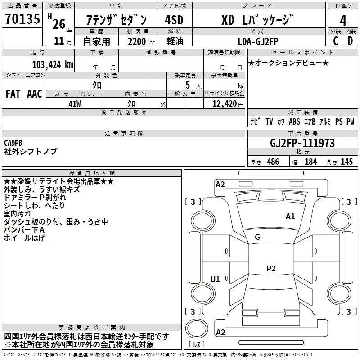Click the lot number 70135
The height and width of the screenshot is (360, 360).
tap(22, 19)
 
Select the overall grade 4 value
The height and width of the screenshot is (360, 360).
tap(343, 21)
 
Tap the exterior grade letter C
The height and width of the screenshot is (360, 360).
tap(336, 41)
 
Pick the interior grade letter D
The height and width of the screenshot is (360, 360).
tap(350, 41)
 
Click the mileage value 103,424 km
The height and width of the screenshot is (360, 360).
tap(53, 65)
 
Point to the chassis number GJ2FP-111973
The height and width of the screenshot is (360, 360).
tap(302, 143)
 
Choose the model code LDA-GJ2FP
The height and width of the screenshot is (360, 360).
tap(258, 41)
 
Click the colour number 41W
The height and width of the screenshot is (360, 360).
tap(75, 104)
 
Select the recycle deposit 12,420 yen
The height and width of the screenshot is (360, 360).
tap(228, 104)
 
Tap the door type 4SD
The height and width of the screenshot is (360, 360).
tap(174, 20)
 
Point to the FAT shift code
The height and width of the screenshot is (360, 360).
tap(13, 94)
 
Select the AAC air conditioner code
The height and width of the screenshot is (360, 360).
tap(35, 94)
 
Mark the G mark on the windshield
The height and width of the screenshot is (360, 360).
tap(257, 237)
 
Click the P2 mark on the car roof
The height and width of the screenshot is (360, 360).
tap(271, 268)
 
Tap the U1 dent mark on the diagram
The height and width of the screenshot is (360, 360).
tap(215, 279)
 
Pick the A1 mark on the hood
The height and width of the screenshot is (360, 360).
tap(290, 216)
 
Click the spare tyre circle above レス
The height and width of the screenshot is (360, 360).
tap(197, 328)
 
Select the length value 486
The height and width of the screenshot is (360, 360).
tap(273, 162)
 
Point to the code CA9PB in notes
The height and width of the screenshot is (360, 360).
tap(13, 143)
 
